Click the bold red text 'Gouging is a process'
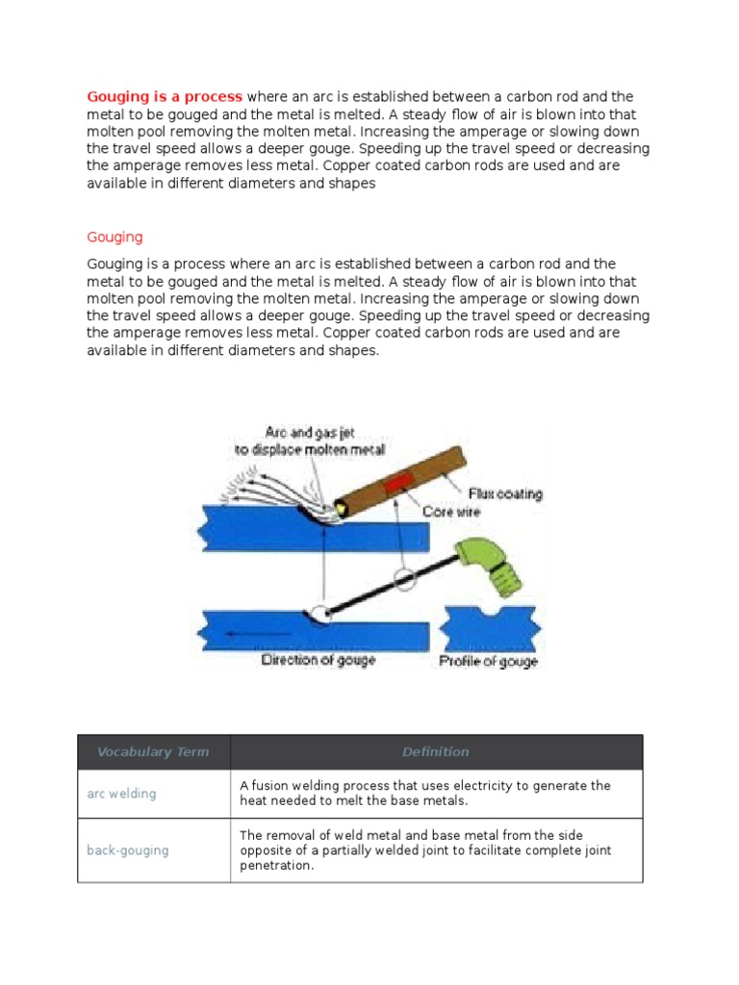tap(165, 96)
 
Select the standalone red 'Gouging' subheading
tap(115, 237)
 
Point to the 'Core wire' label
tap(451, 513)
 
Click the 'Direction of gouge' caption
tap(318, 660)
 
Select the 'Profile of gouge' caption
tap(489, 662)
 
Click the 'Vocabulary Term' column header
tap(153, 752)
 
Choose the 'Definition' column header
tap(436, 752)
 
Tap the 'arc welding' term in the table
tap(121, 794)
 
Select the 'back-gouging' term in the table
tap(127, 850)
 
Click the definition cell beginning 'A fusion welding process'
tap(424, 794)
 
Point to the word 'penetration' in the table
tap(275, 866)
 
